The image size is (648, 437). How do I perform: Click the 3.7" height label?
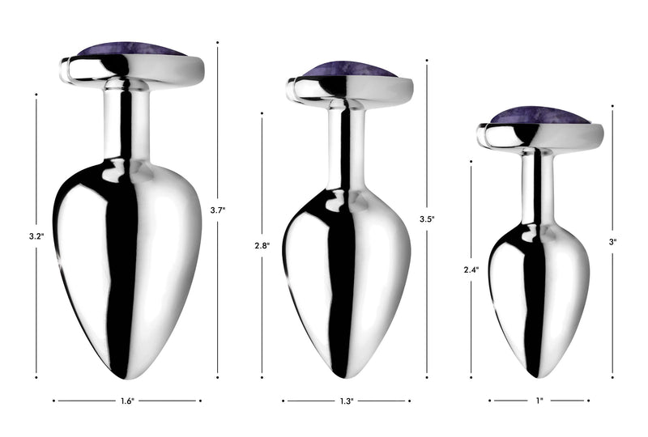(x=218, y=210)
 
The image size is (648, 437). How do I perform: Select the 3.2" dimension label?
(x=36, y=236)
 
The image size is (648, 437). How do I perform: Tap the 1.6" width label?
(x=127, y=401)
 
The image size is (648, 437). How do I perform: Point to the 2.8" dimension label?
(x=262, y=246)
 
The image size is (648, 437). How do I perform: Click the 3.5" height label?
(x=427, y=219)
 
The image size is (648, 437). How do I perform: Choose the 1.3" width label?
(x=347, y=401)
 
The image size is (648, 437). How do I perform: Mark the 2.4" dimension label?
(x=471, y=270)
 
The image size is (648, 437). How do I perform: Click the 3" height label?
(x=612, y=242)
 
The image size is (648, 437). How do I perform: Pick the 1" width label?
(x=539, y=401)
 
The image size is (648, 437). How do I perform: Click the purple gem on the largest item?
(x=131, y=49)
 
